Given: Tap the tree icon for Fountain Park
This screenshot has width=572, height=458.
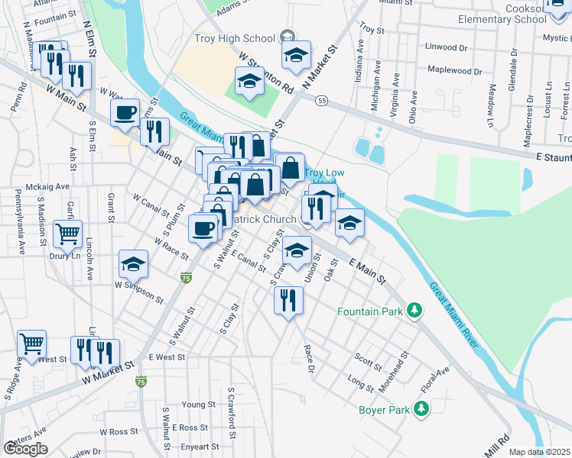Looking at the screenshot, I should pos(414,311).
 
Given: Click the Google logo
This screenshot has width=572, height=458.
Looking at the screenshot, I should pos(26,449).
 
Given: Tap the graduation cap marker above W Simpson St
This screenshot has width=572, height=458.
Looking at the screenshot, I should pos(134,264).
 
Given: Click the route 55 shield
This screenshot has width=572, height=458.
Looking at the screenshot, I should pos(323,100).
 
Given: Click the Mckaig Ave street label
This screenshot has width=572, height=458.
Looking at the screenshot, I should pos(47,185).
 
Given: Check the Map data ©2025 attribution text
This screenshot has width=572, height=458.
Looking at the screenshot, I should pos(540,452).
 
